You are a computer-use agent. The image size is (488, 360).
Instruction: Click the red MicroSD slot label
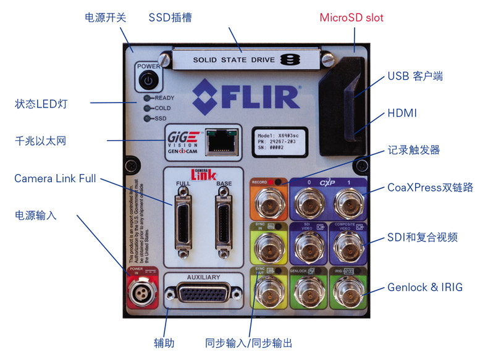pyautogui.click(x=351, y=17)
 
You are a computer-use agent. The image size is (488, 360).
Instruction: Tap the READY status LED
pyautogui.click(x=148, y=98)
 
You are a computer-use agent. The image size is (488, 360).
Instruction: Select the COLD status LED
pyautogui.click(x=148, y=108)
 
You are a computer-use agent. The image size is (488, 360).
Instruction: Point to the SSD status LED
pyautogui.click(x=148, y=118)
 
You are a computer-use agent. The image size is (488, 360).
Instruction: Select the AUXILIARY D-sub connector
pyautogui.click(x=203, y=296)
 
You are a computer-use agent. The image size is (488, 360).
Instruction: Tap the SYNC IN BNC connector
pyautogui.click(x=267, y=246)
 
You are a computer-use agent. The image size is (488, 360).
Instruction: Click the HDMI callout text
pyautogui.click(x=402, y=114)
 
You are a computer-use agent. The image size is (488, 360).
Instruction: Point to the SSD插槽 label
pyautogui.click(x=170, y=17)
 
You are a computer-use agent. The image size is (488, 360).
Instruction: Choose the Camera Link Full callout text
pyautogui.click(x=56, y=178)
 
